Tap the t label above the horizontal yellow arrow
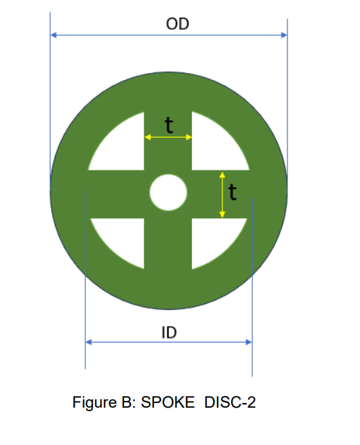coord(169,124)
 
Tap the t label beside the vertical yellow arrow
coord(233,193)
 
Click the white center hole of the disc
coord(168,193)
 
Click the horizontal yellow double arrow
coord(169,137)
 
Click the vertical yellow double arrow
coord(222,195)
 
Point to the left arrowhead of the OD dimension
coord(54,35)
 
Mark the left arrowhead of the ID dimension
coord(89,343)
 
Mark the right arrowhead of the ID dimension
coord(248,343)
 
